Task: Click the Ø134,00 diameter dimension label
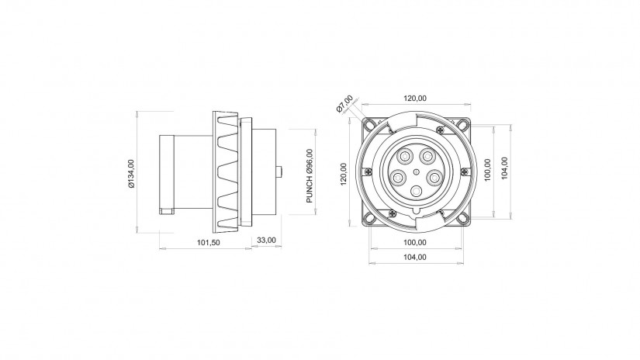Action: point(131,174)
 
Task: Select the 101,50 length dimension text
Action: point(209,242)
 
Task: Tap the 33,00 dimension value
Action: point(266,240)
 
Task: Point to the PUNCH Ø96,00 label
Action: point(310,176)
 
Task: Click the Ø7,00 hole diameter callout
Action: point(344,104)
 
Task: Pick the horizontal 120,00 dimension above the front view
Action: point(415,99)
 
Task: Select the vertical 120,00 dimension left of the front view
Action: point(343,175)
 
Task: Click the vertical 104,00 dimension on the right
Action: point(504,168)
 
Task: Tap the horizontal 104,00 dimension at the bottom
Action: point(415,257)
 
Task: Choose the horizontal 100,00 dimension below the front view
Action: point(415,242)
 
